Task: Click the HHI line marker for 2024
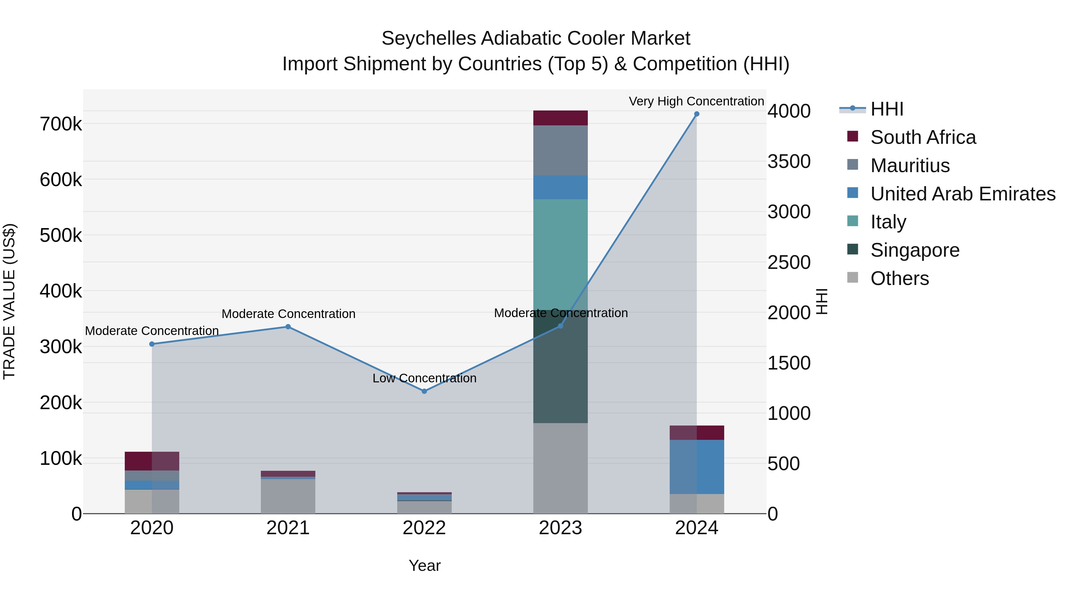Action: point(697,114)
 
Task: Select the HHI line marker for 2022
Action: point(424,391)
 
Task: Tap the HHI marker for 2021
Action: point(288,327)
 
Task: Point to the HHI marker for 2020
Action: point(152,344)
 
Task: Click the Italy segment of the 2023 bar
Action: point(560,254)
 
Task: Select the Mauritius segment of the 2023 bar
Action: point(560,150)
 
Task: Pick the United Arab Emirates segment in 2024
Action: point(697,467)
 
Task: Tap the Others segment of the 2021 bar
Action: point(288,496)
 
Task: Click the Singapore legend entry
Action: point(915,250)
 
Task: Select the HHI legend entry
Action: point(886,109)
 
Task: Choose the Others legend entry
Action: point(899,278)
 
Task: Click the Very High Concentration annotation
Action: point(696,101)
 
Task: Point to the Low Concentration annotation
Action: point(424,378)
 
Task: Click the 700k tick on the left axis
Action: point(61,124)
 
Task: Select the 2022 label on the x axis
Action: point(424,528)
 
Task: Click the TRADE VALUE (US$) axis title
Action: point(9,301)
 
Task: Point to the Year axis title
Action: point(424,565)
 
